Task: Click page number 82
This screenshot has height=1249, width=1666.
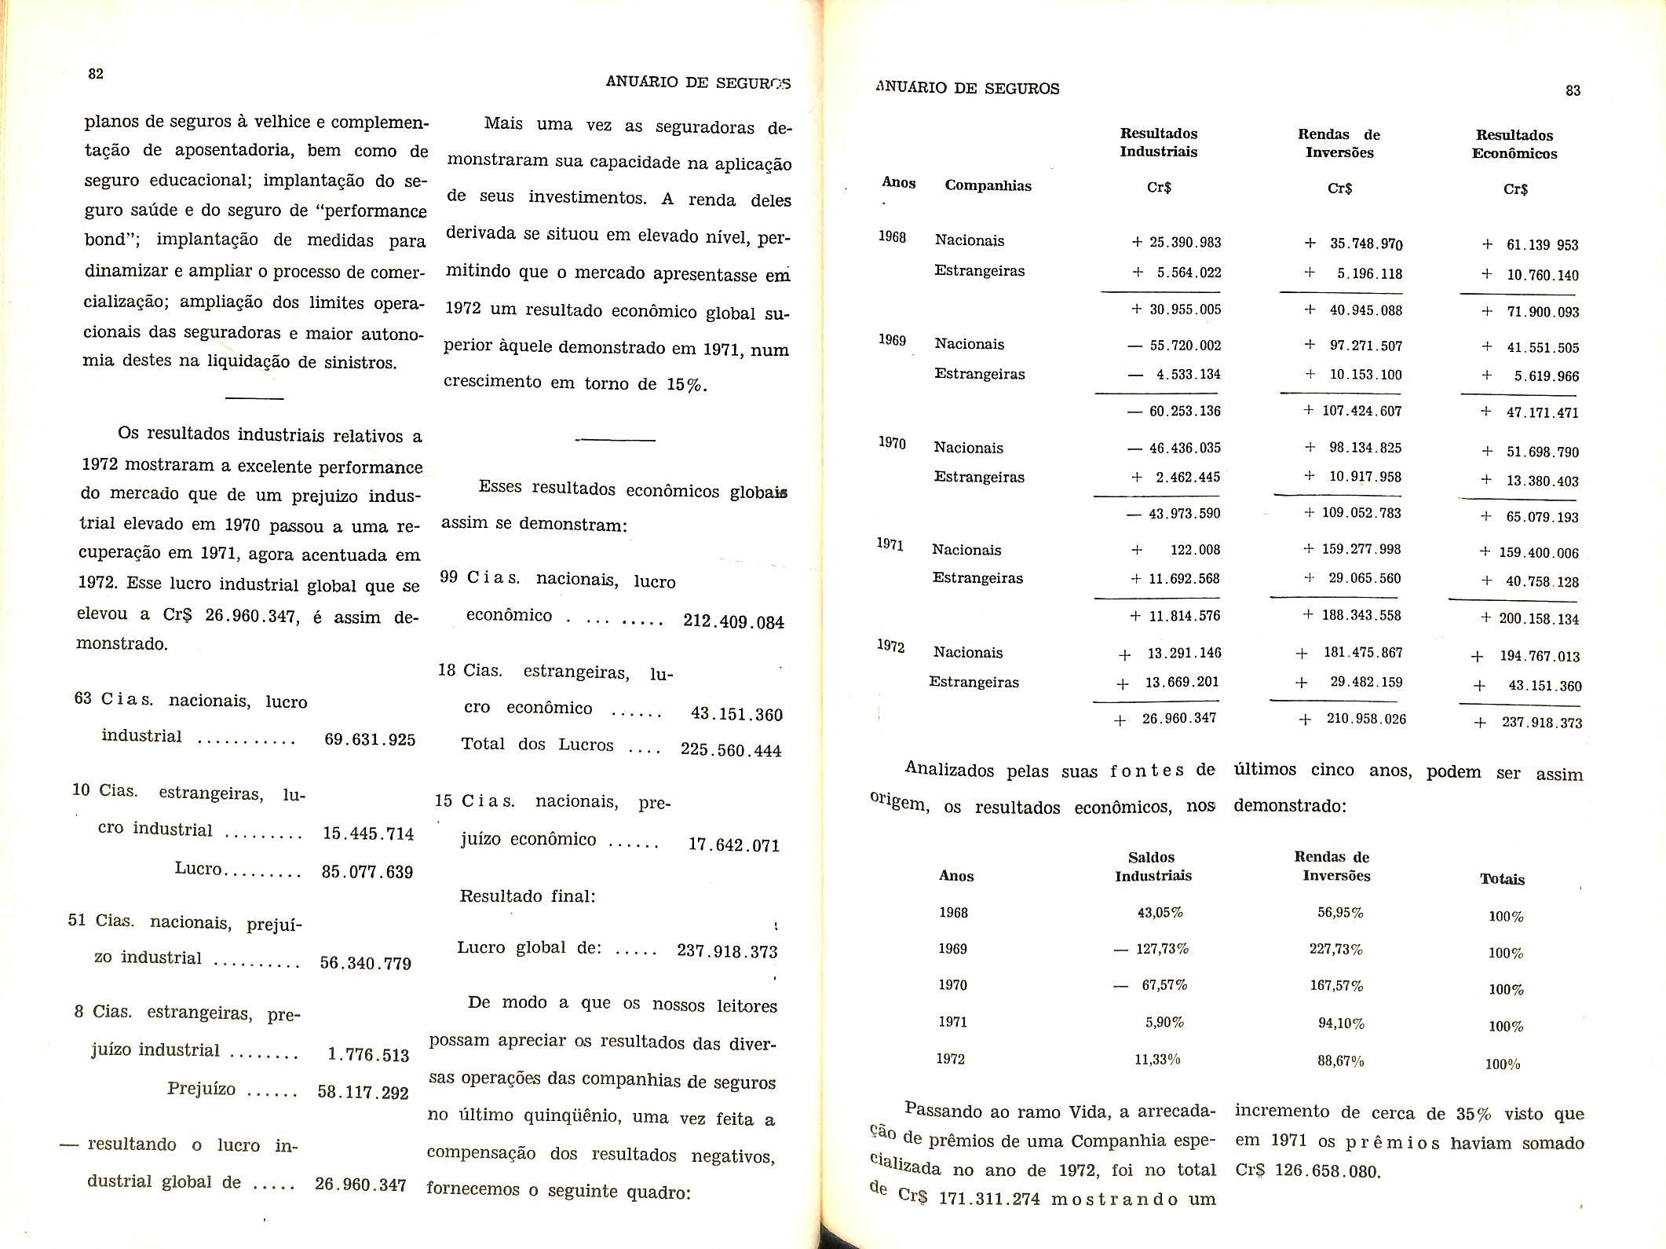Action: click(96, 74)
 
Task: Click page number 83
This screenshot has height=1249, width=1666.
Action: click(1573, 90)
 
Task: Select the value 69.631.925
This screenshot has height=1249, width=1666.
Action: click(370, 739)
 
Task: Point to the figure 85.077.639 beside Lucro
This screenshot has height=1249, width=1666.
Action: click(367, 872)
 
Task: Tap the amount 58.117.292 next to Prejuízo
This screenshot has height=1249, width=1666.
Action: click(363, 1093)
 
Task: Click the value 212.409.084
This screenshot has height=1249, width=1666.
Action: click(734, 622)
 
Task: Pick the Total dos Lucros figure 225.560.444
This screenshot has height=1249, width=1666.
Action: click(731, 750)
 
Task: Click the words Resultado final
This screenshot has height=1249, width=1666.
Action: click(528, 896)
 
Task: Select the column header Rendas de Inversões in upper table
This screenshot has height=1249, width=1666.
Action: click(1339, 144)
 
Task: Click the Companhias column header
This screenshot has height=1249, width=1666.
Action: click(988, 186)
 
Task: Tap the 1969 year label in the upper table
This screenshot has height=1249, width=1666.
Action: click(892, 340)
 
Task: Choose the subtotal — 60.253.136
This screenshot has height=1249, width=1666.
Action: click(1175, 412)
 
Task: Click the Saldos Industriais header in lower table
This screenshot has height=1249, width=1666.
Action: click(1153, 866)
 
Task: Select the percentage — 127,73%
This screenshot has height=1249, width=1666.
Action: click(1151, 949)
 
